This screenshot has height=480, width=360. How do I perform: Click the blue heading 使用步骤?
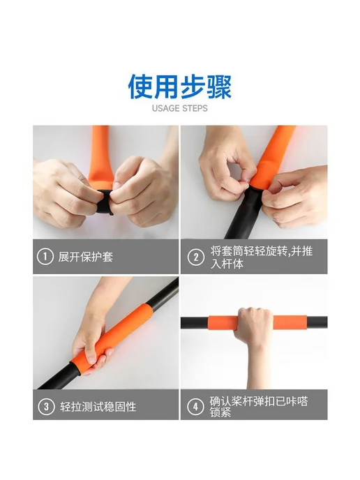pos(180,87)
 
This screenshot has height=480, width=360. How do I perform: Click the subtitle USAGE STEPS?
pos(180,108)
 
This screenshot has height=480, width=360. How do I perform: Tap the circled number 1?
pos(45,257)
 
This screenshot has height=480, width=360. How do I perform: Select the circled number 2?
pos(195,257)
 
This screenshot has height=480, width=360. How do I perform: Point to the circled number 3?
pos(46,407)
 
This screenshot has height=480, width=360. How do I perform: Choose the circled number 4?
pos(195,407)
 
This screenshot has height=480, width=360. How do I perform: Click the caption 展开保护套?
pos(86,257)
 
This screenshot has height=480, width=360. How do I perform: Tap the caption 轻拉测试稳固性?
pos(98,407)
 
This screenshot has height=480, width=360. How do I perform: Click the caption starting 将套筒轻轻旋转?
pos(262,257)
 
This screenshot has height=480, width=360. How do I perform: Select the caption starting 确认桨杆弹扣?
pos(259,407)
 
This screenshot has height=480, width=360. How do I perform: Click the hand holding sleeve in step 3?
pos(92,346)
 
